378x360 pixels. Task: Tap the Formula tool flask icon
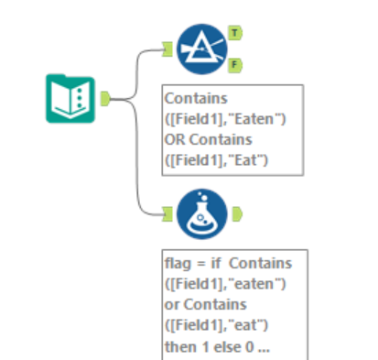click(x=200, y=213)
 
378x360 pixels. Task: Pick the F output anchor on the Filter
click(x=235, y=65)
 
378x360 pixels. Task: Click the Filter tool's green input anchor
click(x=167, y=49)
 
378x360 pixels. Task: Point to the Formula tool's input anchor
click(x=167, y=213)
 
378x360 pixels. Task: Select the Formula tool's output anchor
click(x=235, y=213)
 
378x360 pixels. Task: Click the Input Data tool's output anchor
click(x=105, y=97)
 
